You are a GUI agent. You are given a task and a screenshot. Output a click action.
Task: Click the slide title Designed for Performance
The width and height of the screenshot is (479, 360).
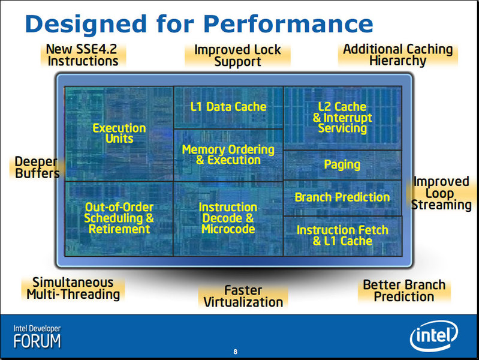pos(199,24)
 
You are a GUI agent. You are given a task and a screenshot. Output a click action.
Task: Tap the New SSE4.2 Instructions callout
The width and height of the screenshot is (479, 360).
pos(83,55)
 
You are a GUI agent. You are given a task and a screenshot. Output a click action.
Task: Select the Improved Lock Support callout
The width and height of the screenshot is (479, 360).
pos(237,56)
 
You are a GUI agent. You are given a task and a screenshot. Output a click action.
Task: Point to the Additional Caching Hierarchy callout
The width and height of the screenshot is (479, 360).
pos(397,55)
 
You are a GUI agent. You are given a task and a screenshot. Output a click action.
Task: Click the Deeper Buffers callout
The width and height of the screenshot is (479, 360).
pos(37,167)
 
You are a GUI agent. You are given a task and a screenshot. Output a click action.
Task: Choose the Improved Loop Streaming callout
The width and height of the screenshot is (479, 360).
pos(441,193)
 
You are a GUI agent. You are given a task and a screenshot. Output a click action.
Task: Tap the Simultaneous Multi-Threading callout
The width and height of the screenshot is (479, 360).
pos(73,289)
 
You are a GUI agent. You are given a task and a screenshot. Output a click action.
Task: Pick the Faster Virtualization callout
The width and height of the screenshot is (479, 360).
pos(243,296)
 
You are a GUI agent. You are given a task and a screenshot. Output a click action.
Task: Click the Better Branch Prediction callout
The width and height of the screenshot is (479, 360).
pos(404,291)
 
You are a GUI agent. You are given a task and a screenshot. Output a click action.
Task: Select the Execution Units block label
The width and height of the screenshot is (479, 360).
pos(119,133)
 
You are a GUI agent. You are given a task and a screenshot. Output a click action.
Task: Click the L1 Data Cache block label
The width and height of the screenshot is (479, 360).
pos(228,107)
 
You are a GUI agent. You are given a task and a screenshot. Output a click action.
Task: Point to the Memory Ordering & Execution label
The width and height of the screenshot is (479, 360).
pos(228,155)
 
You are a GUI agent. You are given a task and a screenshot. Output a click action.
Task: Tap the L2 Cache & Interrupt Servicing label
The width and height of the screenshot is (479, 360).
pos(342,118)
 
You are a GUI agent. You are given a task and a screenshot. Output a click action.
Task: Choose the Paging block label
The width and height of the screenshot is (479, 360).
pos(342,165)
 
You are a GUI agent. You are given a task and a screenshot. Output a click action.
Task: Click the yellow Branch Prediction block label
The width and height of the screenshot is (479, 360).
pos(342,197)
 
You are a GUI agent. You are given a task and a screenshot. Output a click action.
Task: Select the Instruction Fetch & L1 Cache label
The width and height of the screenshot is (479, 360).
pos(342,236)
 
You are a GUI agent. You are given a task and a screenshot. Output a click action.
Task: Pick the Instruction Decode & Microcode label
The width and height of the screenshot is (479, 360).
pos(228,218)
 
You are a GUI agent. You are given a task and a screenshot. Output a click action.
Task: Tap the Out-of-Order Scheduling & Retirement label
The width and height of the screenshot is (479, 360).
pos(119,218)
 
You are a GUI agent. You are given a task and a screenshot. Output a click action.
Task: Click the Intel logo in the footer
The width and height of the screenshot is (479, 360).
pos(433,336)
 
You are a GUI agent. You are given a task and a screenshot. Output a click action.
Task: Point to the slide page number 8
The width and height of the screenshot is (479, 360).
pos(235,352)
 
